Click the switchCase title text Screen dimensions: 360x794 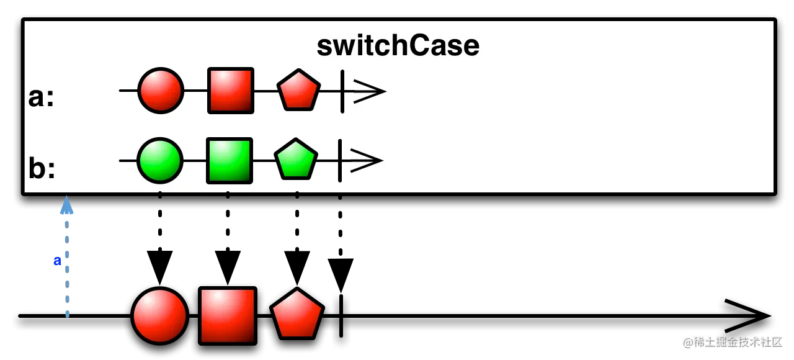(x=398, y=46)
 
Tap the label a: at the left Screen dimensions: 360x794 (x=42, y=97)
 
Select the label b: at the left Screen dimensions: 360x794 (x=42, y=168)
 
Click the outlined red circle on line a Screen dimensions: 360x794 (x=161, y=91)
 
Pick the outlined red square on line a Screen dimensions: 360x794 (x=231, y=91)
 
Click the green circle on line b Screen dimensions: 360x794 (x=160, y=161)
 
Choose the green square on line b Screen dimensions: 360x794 (x=230, y=161)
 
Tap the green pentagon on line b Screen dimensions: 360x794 (x=296, y=160)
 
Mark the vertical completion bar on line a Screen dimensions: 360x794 (x=342, y=91)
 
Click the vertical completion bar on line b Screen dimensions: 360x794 (x=340, y=161)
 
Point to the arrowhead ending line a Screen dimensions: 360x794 (x=370, y=91)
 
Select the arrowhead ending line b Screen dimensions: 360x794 (x=367, y=161)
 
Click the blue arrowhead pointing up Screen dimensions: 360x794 (x=67, y=206)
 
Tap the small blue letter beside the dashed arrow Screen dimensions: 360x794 (x=57, y=261)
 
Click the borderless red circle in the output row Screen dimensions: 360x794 (x=160, y=316)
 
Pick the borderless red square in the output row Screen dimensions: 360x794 (x=228, y=316)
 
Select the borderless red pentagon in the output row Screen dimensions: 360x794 (x=297, y=315)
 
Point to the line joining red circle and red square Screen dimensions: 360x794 (x=195, y=91)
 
